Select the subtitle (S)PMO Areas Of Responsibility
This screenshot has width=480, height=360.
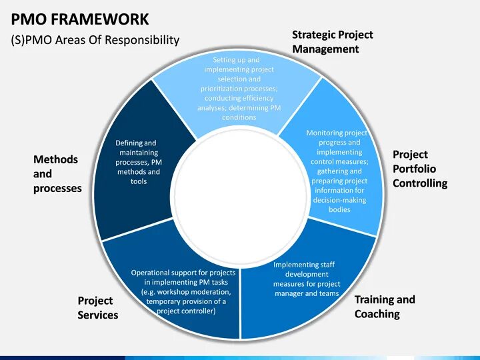point(95,40)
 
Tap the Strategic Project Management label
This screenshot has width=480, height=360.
point(332,41)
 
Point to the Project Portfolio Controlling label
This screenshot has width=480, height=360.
point(419,169)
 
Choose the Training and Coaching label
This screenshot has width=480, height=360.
point(384,307)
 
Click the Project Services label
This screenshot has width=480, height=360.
point(97,308)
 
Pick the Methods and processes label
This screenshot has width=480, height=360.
point(57,174)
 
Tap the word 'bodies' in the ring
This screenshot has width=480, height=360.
point(339,209)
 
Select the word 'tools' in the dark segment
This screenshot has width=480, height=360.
point(139,181)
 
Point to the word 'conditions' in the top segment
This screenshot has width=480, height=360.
point(239,117)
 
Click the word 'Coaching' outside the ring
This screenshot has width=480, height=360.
point(377,314)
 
